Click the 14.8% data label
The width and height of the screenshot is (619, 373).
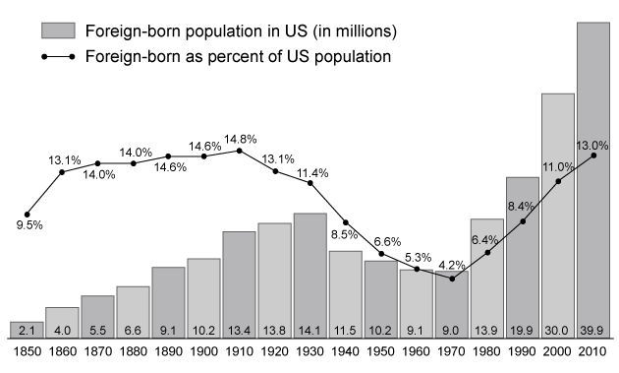(239, 138)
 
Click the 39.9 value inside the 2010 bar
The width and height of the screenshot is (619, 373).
(593, 329)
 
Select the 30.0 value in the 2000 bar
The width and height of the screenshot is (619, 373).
(558, 329)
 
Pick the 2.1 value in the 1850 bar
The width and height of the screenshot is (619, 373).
(27, 329)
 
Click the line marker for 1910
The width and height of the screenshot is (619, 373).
(239, 151)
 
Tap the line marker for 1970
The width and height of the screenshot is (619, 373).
(452, 279)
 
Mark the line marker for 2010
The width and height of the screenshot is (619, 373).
(593, 155)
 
